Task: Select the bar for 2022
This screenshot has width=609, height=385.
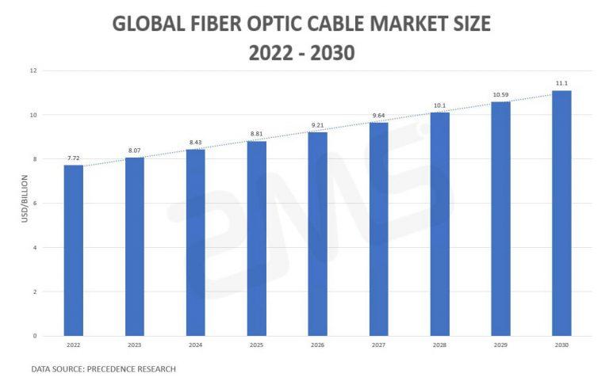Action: pyautogui.click(x=73, y=250)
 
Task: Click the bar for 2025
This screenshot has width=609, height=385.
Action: pyautogui.click(x=256, y=238)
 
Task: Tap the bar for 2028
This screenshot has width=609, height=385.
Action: pyautogui.click(x=439, y=224)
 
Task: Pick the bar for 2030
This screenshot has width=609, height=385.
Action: pyautogui.click(x=561, y=213)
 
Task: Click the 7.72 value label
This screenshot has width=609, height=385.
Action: pyautogui.click(x=73, y=158)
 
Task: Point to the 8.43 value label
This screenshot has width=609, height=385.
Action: pyautogui.click(x=195, y=143)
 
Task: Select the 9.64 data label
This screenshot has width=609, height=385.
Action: pyautogui.click(x=378, y=116)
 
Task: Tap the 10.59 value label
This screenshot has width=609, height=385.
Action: pyautogui.click(x=500, y=95)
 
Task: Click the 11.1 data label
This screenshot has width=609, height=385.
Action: pyautogui.click(x=561, y=83)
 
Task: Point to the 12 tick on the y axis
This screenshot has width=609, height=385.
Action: pyautogui.click(x=33, y=71)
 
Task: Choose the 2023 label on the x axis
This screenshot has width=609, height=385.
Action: pyautogui.click(x=134, y=345)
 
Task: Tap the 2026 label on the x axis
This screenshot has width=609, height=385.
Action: pyautogui.click(x=317, y=345)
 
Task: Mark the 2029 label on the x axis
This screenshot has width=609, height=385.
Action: pyautogui.click(x=500, y=345)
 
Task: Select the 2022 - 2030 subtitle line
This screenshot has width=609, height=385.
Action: pyautogui.click(x=301, y=53)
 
